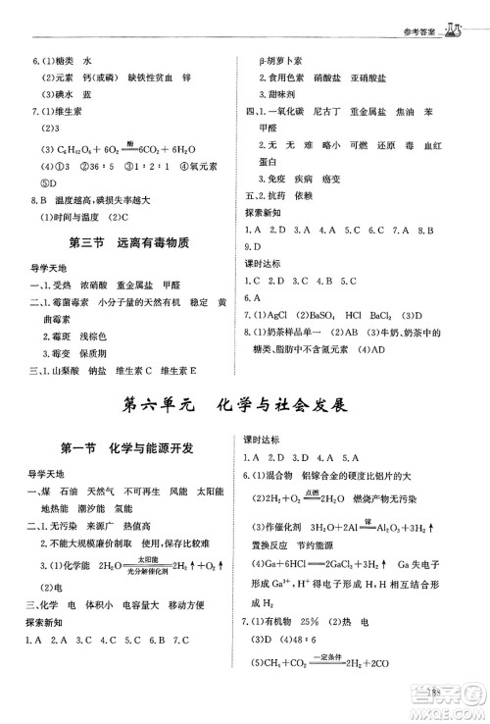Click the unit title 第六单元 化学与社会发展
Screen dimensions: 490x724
[x=245, y=404]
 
